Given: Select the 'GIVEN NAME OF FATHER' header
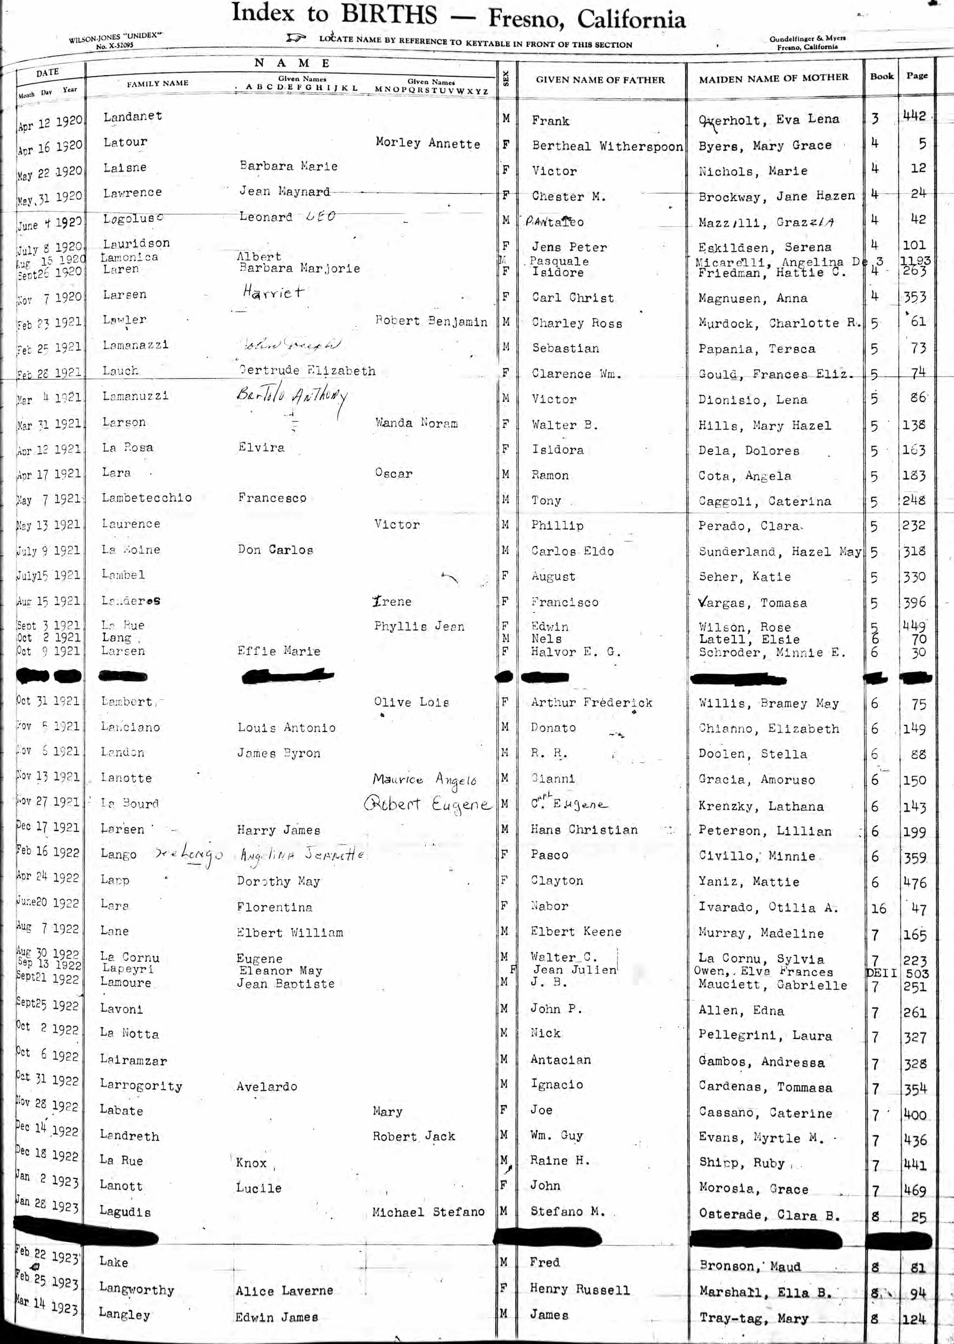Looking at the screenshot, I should (x=600, y=80).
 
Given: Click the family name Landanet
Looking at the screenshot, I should (x=133, y=116).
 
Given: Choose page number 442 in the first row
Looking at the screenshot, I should (x=915, y=116).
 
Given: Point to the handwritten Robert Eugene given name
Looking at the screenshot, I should (x=427, y=804).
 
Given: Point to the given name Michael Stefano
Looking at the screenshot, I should (x=428, y=1212).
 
